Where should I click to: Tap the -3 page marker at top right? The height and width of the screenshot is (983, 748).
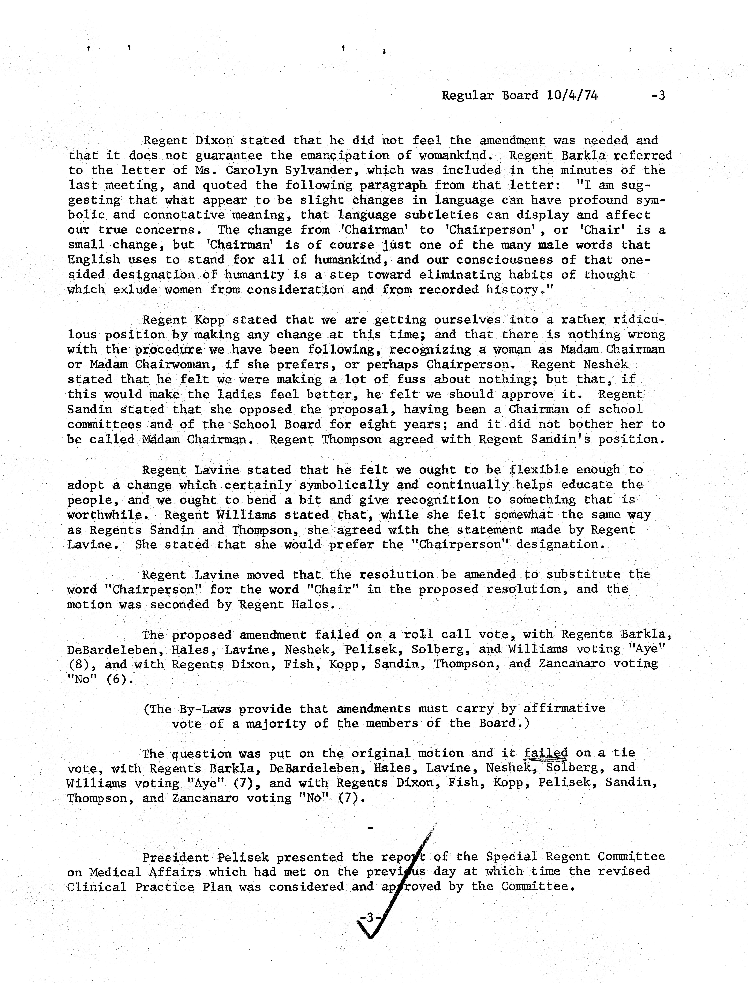(x=658, y=95)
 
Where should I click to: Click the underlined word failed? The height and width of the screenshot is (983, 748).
(x=546, y=753)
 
